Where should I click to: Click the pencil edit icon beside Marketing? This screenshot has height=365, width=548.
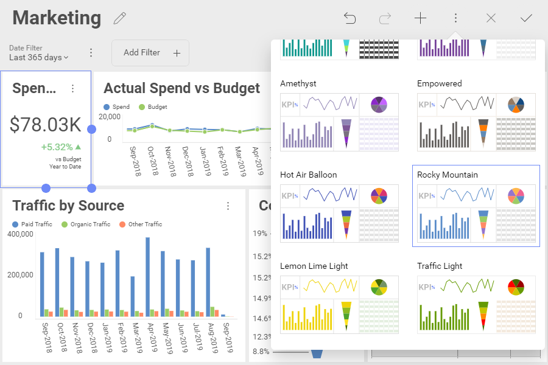[x=120, y=18]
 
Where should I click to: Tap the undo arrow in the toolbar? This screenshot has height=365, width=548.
[x=350, y=18]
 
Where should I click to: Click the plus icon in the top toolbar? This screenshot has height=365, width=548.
[x=420, y=18]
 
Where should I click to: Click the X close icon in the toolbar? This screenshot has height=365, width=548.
[x=491, y=18]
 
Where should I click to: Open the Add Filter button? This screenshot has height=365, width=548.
[x=150, y=53]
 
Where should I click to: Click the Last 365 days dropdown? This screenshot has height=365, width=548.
[x=38, y=57]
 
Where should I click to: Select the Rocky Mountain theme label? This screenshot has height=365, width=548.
[x=448, y=175]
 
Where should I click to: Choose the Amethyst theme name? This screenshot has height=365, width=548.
[x=298, y=83]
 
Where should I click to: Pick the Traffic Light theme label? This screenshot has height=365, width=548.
[x=440, y=266]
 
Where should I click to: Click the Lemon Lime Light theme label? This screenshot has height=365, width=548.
[x=314, y=266]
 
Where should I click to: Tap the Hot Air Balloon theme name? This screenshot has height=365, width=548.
[x=308, y=175]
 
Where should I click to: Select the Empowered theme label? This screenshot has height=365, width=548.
[x=440, y=83]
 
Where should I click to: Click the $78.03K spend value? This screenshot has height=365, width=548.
[x=46, y=125]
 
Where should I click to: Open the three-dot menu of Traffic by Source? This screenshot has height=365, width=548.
[x=228, y=206]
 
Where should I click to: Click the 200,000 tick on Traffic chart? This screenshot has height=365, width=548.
[x=21, y=275]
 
